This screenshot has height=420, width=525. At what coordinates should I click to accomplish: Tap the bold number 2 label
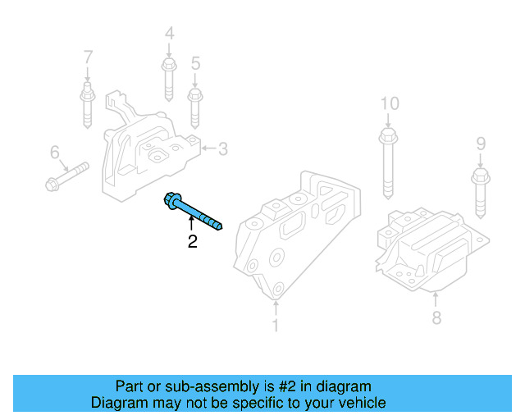[192, 242]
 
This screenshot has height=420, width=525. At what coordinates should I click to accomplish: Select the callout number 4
[169, 34]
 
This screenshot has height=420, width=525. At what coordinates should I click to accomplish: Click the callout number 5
[195, 63]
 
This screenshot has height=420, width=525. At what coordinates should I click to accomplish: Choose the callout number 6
[55, 153]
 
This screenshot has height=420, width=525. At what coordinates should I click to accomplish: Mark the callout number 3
[222, 148]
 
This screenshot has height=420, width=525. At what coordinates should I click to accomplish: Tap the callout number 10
[389, 103]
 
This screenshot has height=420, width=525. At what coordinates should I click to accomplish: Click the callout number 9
[482, 145]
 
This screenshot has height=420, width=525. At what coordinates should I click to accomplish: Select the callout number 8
[436, 317]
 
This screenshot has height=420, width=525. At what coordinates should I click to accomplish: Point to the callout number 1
[276, 326]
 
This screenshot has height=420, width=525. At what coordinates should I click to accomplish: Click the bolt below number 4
[168, 78]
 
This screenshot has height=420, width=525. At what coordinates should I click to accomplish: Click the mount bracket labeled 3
[148, 152]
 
